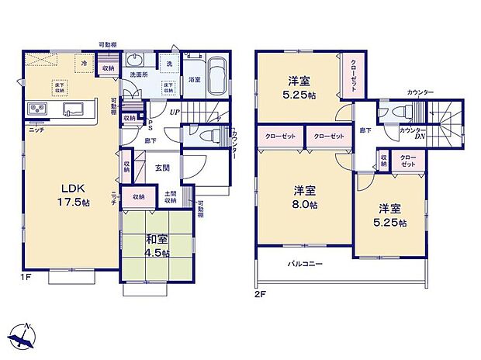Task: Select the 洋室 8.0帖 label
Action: click(x=304, y=198)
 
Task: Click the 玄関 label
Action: click(x=162, y=168)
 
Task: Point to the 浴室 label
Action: click(x=194, y=79)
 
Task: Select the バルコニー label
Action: click(x=307, y=264)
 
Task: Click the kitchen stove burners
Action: click(x=38, y=108)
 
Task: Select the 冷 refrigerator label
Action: click(x=83, y=62)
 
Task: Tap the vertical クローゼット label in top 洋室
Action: click(x=352, y=75)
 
